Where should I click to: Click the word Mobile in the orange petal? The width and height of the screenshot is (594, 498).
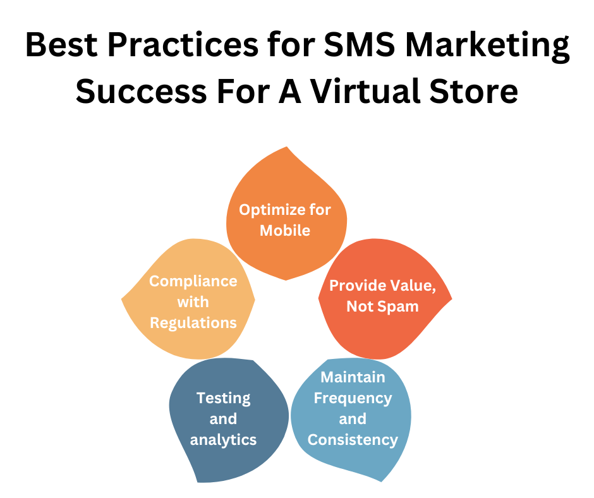pos(285,230)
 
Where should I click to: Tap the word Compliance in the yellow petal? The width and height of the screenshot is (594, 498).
pos(193,281)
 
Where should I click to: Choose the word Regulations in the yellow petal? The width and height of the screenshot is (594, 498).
pos(193,323)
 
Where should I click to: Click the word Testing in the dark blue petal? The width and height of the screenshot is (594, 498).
pos(224,398)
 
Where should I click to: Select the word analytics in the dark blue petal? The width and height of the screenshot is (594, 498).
pos(224,439)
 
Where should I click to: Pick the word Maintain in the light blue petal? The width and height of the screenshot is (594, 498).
pos(353,377)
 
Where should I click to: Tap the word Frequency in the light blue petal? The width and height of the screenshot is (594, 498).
pos(353,398)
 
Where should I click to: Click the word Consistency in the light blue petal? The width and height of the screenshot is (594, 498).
pos(353,439)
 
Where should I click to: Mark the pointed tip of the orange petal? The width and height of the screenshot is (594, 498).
pos(288,147)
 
